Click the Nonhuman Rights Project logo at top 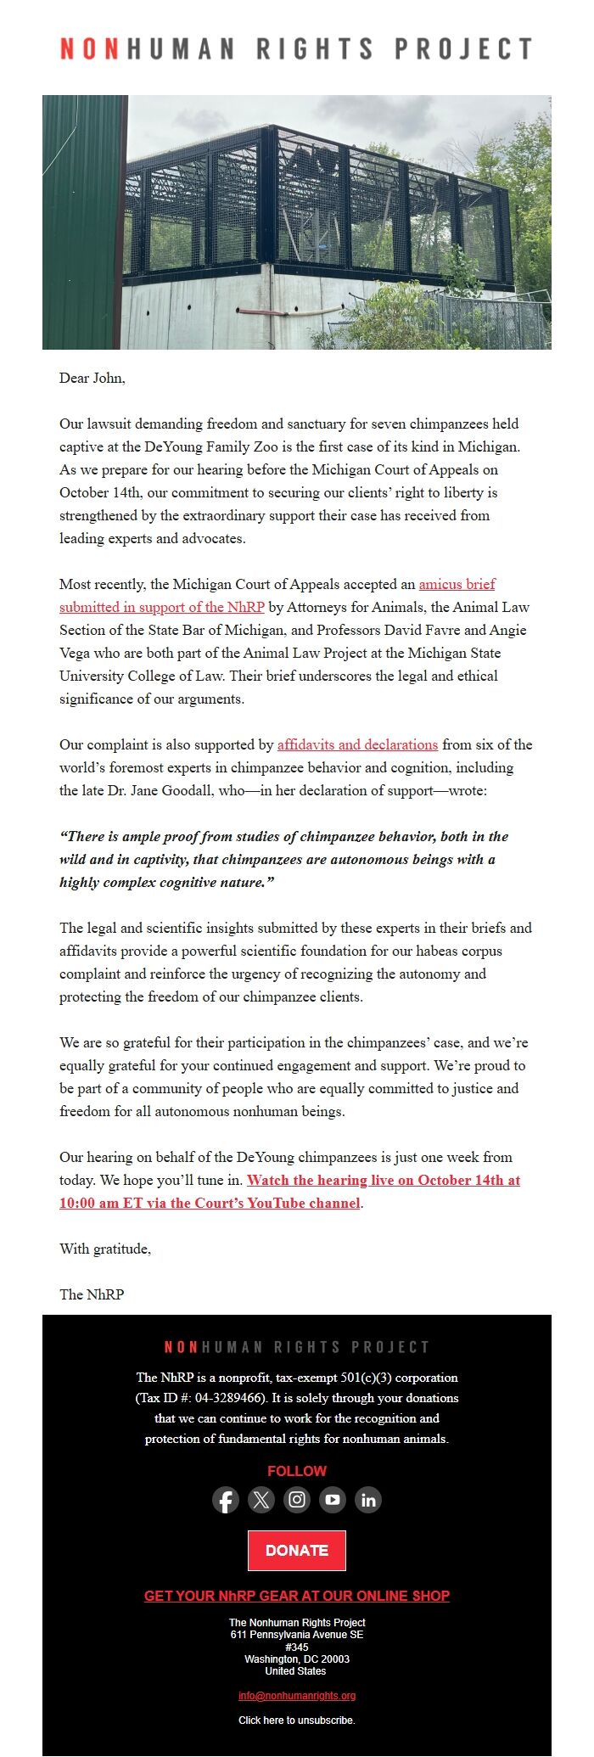(296, 48)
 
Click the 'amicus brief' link (457, 584)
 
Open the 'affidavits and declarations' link (357, 744)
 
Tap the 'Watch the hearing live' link (383, 1180)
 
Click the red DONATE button (297, 1550)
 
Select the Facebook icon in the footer (226, 1500)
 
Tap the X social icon (261, 1500)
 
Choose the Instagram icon (297, 1500)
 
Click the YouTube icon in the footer (333, 1500)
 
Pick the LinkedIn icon (368, 1500)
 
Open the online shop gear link (297, 1596)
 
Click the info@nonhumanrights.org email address (297, 1696)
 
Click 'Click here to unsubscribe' (297, 1721)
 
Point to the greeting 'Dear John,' (92, 379)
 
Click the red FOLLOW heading (297, 1471)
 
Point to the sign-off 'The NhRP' (92, 1294)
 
